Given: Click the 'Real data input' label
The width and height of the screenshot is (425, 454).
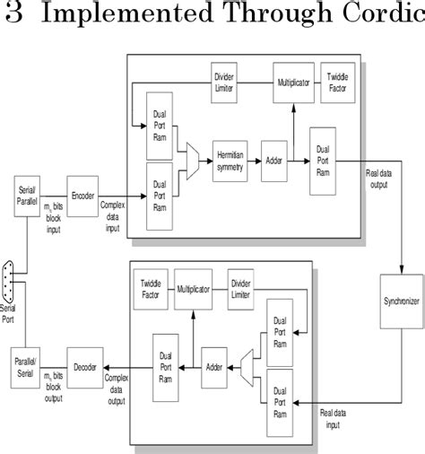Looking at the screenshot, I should pyautogui.click(x=337, y=417).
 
